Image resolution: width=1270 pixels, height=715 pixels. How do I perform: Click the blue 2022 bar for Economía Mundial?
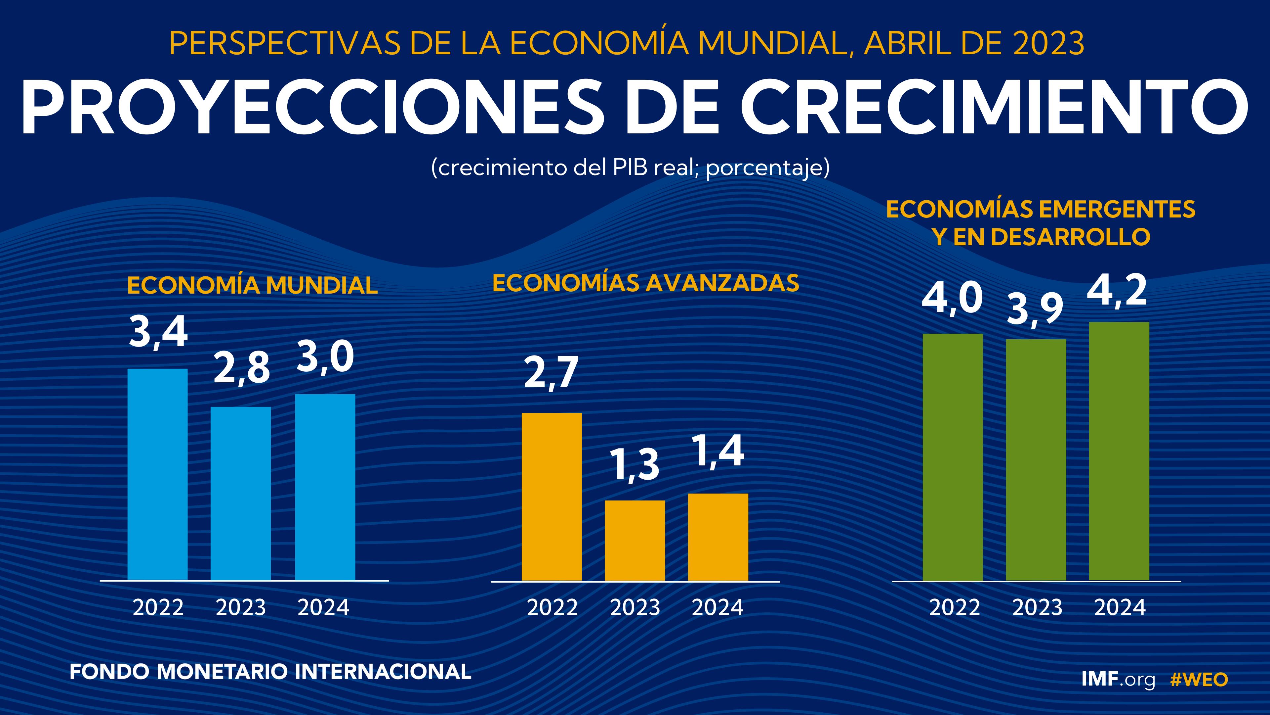tap(157, 474)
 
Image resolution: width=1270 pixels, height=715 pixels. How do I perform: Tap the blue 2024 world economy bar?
tap(325, 487)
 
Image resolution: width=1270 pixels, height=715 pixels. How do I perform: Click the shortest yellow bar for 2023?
tap(635, 540)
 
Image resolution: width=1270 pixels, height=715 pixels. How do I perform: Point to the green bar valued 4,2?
tap(1119, 451)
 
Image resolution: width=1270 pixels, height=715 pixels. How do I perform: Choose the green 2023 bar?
tap(1036, 459)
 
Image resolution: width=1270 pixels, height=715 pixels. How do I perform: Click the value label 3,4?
tap(158, 333)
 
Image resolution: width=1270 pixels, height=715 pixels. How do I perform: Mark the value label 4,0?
tap(952, 299)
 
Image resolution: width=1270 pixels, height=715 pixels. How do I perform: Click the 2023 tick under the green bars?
tap(1037, 607)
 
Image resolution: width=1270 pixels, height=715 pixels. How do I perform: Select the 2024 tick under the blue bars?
tap(323, 607)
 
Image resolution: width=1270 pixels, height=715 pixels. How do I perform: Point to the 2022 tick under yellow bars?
tap(552, 607)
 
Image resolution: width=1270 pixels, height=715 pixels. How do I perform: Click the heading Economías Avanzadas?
tap(645, 283)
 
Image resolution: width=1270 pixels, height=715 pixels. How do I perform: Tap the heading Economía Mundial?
tap(252, 286)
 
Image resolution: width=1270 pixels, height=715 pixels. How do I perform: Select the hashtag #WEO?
tap(1199, 680)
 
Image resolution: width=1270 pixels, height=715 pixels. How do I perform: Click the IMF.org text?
tap(1118, 680)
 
